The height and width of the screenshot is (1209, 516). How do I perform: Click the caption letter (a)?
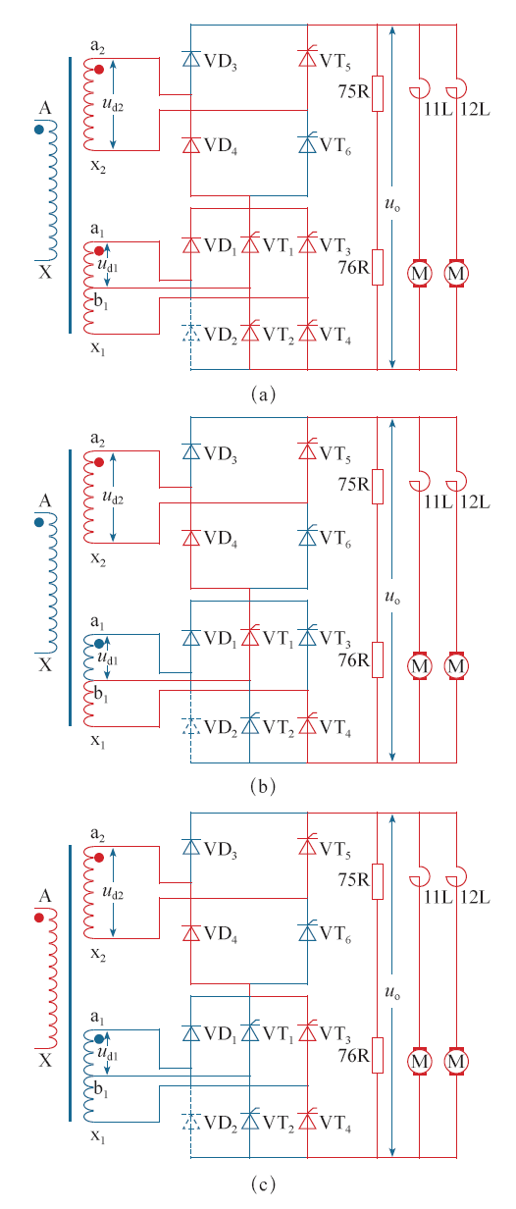(x=263, y=394)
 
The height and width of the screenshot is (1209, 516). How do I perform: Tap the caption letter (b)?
(x=263, y=786)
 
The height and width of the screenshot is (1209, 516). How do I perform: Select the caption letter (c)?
(x=263, y=1184)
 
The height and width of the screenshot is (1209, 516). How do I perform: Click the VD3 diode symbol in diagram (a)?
(x=191, y=58)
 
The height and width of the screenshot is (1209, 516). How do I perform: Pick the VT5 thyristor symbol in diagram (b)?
(x=307, y=450)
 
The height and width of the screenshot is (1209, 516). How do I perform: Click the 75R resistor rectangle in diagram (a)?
(x=378, y=93)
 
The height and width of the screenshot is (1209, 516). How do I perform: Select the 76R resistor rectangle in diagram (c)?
(x=378, y=1055)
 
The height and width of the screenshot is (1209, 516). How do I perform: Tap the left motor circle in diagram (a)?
(x=420, y=273)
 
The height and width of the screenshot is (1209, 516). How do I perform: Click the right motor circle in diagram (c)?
(x=456, y=1061)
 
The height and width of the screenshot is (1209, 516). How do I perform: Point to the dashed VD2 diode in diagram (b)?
(x=190, y=726)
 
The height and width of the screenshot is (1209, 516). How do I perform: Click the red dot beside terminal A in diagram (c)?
(x=39, y=918)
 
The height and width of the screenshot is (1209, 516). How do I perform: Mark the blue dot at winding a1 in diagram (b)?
(x=99, y=644)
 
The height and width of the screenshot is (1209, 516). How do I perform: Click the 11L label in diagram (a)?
(x=438, y=110)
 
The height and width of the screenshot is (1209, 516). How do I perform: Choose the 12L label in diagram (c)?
(x=475, y=897)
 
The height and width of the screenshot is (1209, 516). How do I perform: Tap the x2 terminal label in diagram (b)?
(x=98, y=558)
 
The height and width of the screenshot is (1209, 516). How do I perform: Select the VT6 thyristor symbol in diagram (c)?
(x=307, y=932)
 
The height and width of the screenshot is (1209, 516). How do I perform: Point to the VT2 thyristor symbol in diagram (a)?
(x=249, y=332)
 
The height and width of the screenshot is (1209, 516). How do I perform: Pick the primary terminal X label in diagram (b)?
(x=45, y=664)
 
